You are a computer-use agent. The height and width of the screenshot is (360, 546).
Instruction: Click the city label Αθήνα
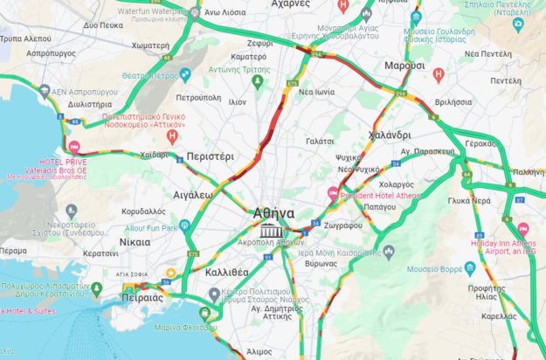tap(273, 212)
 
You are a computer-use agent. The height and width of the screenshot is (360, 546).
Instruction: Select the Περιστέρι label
tap(211, 156)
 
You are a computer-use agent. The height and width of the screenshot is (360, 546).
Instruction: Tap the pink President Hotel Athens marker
tap(332, 193)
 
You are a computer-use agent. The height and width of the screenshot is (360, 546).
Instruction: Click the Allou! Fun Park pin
tap(186, 227)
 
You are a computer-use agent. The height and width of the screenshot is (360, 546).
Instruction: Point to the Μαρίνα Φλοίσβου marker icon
tap(204, 313)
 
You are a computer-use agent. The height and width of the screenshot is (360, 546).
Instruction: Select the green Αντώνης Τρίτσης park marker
tap(257, 81)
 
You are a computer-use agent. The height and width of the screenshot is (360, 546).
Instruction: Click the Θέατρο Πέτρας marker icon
tap(184, 74)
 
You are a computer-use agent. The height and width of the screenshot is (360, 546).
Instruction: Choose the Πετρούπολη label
tap(200, 99)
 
